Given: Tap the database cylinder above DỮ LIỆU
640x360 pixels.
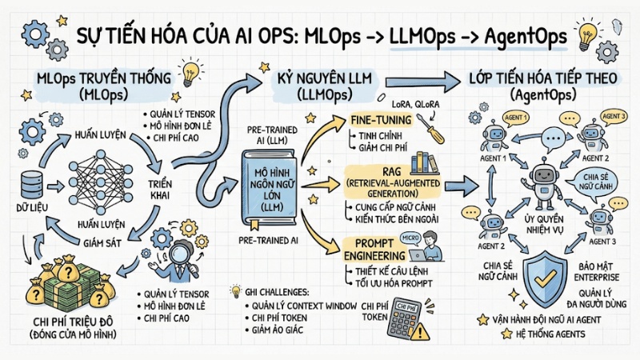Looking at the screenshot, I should (x=30, y=183).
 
